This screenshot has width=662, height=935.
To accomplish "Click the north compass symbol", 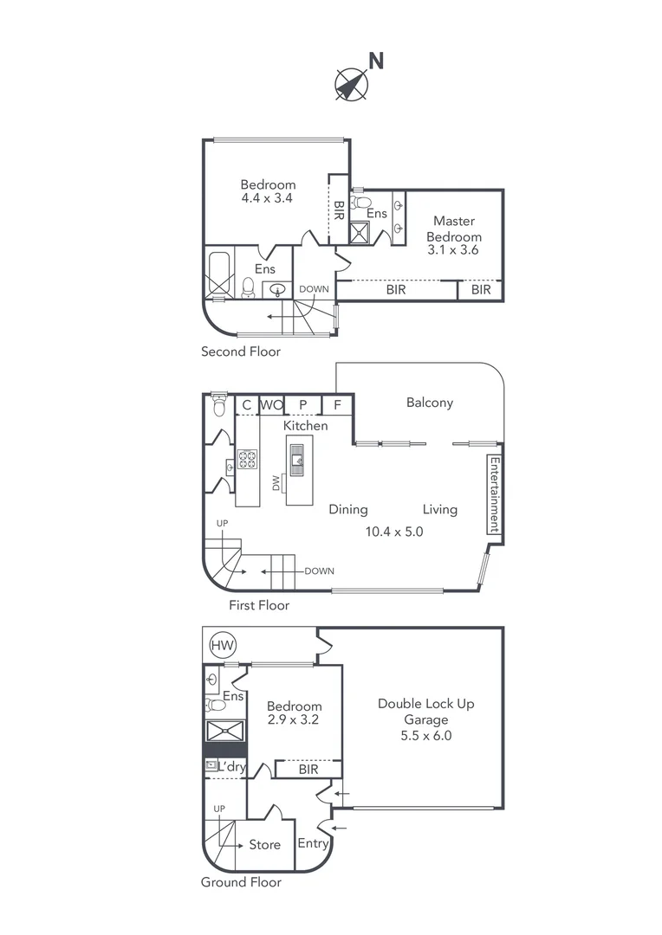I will pyautogui.click(x=351, y=83).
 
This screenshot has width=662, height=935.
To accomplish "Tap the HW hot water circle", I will pyautogui.click(x=223, y=645).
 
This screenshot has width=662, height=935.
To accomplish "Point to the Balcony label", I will pyautogui.click(x=429, y=403).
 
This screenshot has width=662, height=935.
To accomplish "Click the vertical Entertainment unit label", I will pyautogui.click(x=494, y=494).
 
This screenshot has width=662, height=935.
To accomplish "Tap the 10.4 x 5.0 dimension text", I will pyautogui.click(x=393, y=532).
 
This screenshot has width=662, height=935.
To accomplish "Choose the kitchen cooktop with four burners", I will pyautogui.click(x=248, y=459).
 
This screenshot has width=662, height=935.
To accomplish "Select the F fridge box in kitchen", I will pyautogui.click(x=337, y=404).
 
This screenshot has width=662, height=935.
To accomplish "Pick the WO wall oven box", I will pyautogui.click(x=271, y=404).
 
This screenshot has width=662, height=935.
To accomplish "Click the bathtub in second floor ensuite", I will pyautogui.click(x=218, y=274).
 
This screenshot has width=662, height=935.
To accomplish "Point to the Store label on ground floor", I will pyautogui.click(x=264, y=844).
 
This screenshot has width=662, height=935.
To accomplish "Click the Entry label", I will pyautogui.click(x=312, y=843).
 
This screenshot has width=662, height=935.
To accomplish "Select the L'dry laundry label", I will pyautogui.click(x=231, y=767).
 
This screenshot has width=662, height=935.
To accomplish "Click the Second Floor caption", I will pyautogui.click(x=241, y=351).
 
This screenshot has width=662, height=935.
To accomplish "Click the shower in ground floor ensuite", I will pyautogui.click(x=225, y=730).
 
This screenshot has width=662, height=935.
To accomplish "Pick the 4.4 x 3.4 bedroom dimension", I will pyautogui.click(x=268, y=198).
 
